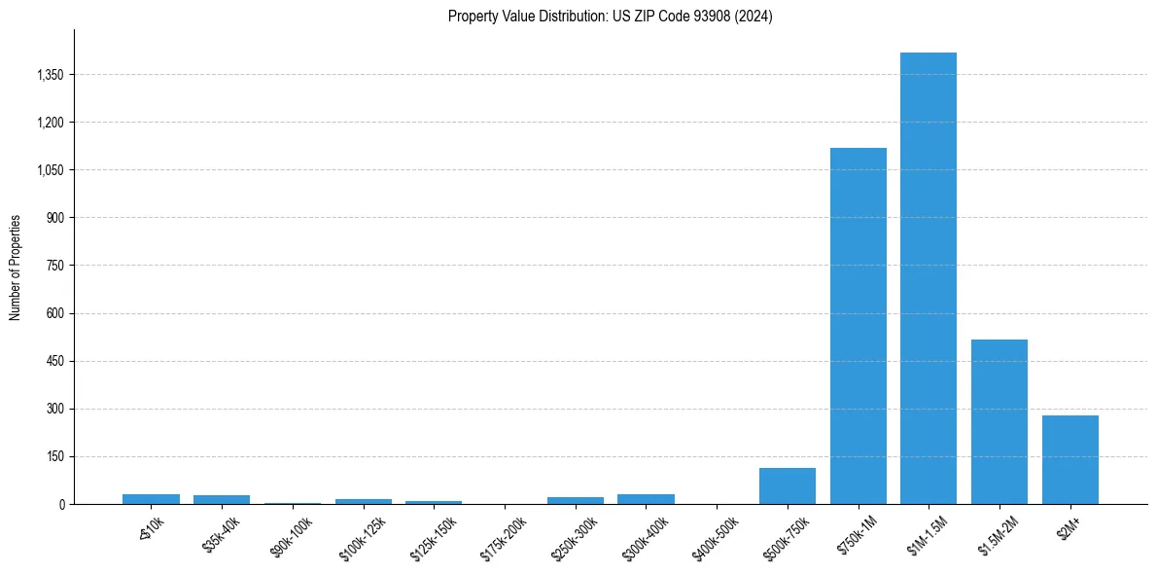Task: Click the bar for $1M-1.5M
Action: pos(929,278)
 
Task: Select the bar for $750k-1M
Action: pos(858,326)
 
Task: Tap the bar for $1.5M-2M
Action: pos(999,421)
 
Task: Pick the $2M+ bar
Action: pos(1069,459)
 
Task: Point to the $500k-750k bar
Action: pos(788,485)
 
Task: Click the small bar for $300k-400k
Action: pos(646,499)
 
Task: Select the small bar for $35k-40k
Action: pos(222,499)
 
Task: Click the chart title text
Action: pos(610,17)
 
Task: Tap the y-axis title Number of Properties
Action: pos(16,267)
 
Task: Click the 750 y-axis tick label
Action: pos(54,266)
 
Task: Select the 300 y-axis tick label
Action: pos(54,409)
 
